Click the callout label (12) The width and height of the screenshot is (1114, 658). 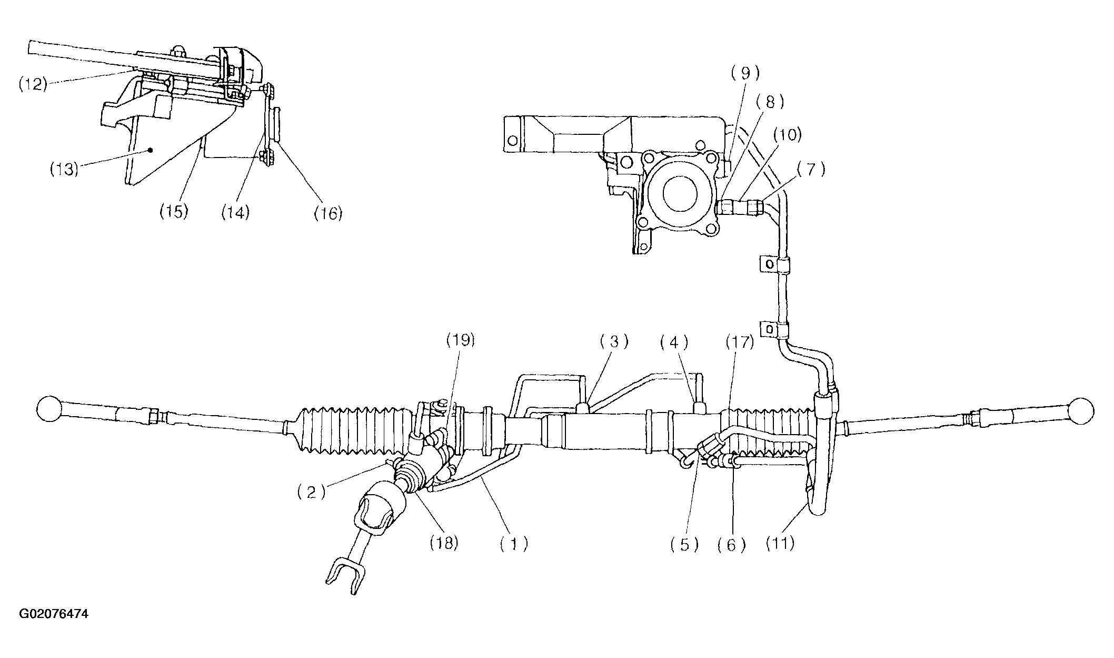click(33, 84)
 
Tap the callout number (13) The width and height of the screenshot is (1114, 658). click(64, 170)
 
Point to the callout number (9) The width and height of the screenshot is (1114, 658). click(744, 73)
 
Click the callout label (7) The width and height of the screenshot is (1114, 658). click(811, 170)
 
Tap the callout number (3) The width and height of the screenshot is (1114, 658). click(614, 342)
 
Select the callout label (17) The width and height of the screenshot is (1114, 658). click(740, 343)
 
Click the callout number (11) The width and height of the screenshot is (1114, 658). click(780, 543)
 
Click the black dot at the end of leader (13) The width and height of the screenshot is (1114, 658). click(151, 150)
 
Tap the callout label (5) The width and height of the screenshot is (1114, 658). click(684, 544)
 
